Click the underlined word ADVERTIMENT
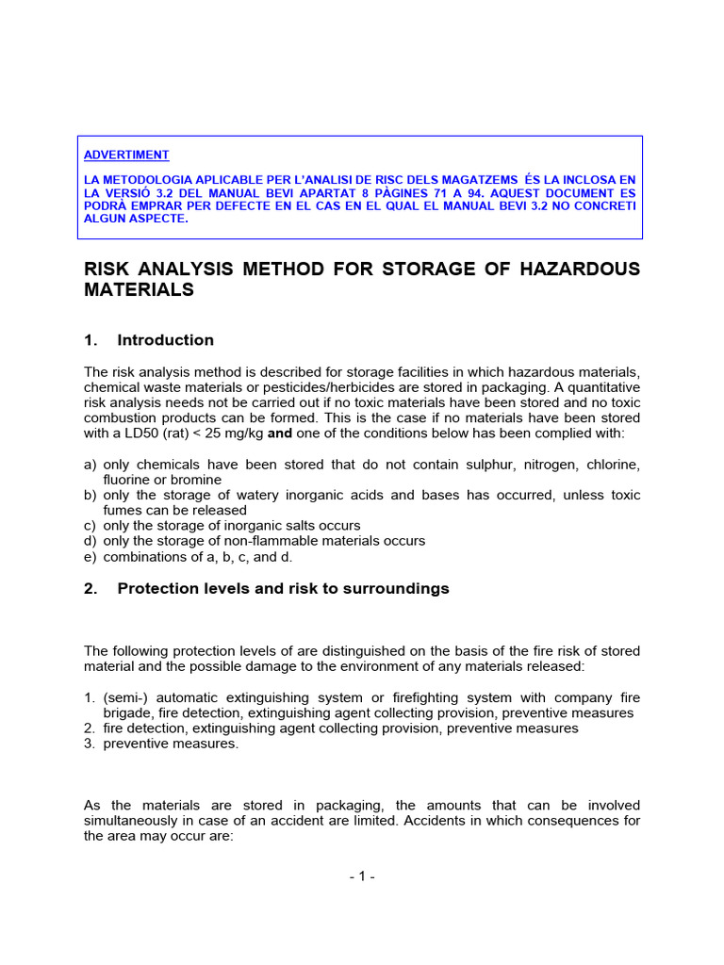(x=126, y=155)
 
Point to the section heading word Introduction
(x=165, y=340)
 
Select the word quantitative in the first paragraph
(x=598, y=387)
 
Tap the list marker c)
(x=90, y=525)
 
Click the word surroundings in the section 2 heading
(x=398, y=589)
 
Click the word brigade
(x=128, y=713)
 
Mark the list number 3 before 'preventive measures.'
(x=90, y=744)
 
